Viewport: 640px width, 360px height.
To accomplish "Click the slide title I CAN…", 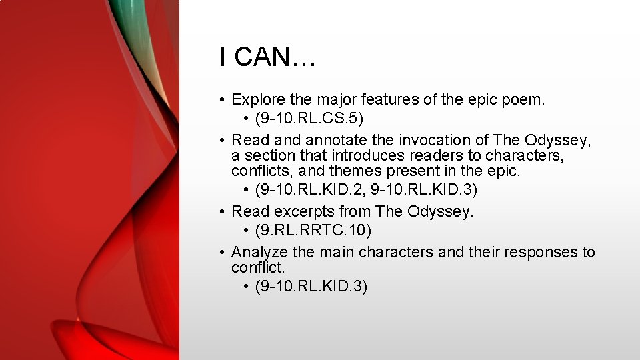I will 267,57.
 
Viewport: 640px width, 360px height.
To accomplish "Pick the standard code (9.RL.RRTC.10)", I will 313,230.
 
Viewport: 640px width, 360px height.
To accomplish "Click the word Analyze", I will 259,252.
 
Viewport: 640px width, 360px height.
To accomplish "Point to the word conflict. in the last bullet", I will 257,267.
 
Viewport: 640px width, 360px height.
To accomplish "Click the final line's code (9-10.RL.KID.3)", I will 311,286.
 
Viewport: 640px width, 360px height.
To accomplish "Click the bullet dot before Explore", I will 221,101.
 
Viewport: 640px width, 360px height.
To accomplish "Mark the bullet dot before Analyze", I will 221,253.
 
